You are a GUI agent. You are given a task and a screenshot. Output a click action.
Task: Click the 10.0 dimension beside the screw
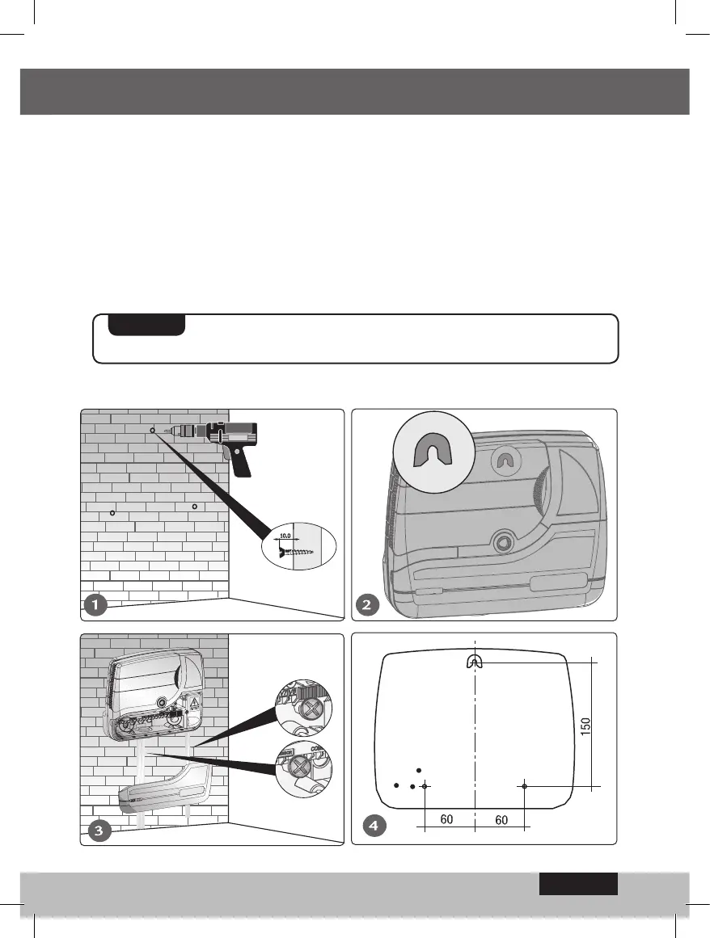(x=285, y=534)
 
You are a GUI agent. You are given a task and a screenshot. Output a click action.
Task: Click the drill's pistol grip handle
(x=241, y=462)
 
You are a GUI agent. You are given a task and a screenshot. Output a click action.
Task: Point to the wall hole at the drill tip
(x=152, y=431)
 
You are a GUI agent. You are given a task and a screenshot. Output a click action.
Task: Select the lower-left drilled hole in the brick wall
(x=112, y=514)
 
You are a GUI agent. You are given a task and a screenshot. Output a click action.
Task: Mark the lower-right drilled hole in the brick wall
(x=195, y=507)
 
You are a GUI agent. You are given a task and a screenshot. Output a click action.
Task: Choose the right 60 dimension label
(x=501, y=819)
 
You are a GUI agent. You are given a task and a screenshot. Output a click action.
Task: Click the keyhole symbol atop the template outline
(x=474, y=662)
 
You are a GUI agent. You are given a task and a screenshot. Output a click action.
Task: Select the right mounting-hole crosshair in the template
(x=524, y=785)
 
